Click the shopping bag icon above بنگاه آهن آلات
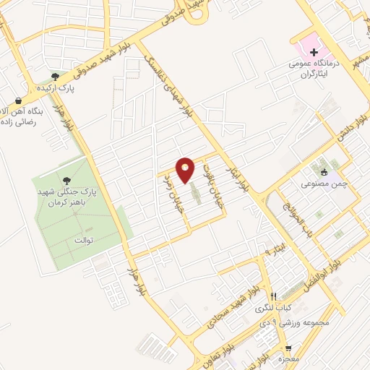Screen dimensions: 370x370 [x=17, y=100]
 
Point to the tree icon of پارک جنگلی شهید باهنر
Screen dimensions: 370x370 [x=67, y=181]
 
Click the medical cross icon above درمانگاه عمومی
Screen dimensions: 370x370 [x=314, y=52]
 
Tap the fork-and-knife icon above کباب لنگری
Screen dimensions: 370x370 [x=273, y=296]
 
